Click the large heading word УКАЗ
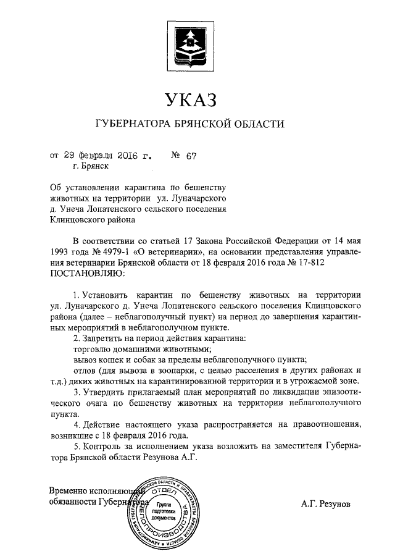click(x=191, y=99)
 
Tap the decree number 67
click(x=190, y=155)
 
